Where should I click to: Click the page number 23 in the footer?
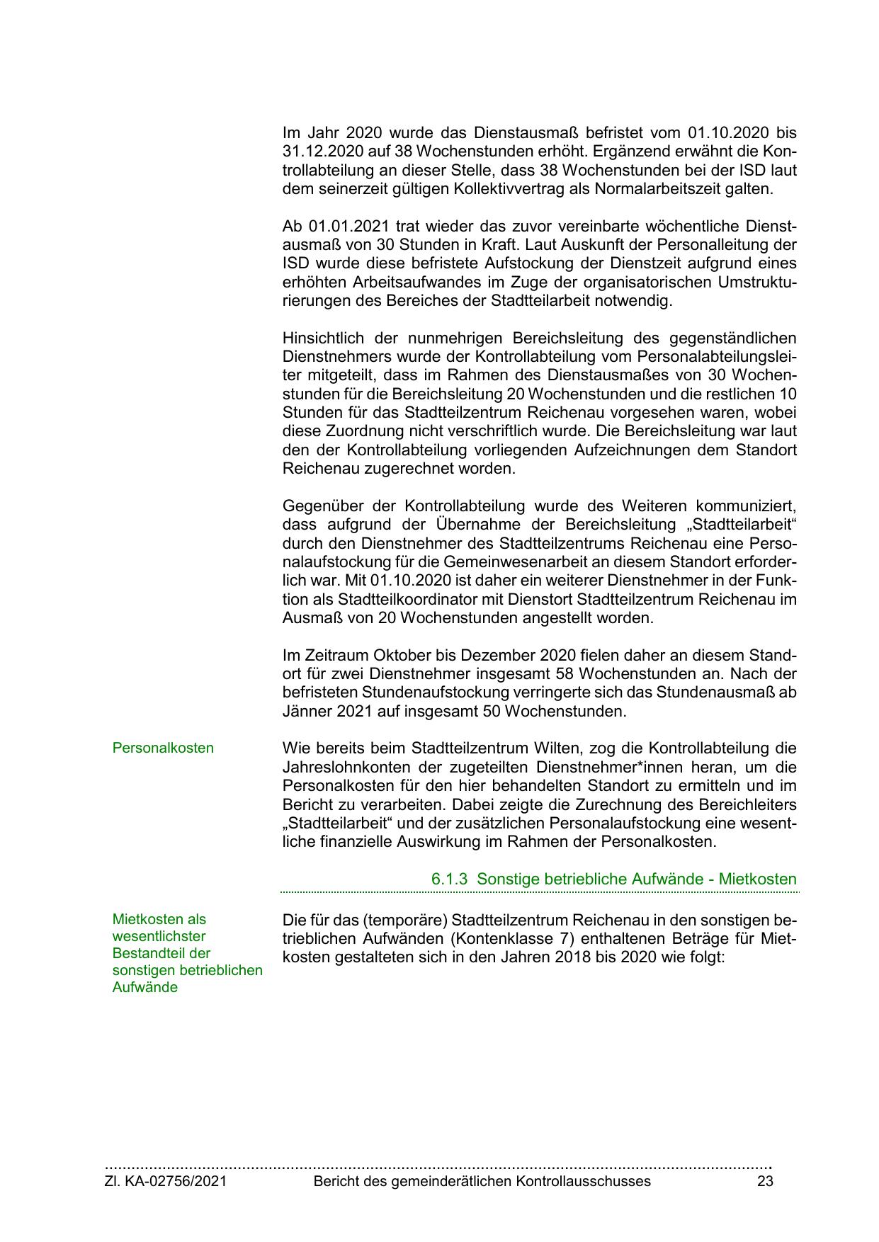pos(765,1182)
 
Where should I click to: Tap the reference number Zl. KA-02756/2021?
pos(166,1182)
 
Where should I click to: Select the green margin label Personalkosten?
pos(163,748)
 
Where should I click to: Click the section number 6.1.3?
pos(450,879)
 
